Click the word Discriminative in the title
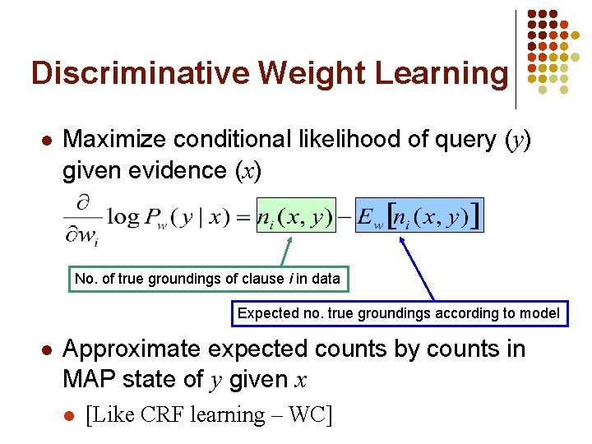click(x=140, y=73)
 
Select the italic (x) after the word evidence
click(x=248, y=170)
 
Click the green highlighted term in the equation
click(x=296, y=216)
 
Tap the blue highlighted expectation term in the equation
click(x=419, y=216)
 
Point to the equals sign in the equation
click(x=243, y=217)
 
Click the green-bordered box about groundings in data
click(x=207, y=279)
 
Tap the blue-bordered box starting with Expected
click(x=399, y=312)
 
